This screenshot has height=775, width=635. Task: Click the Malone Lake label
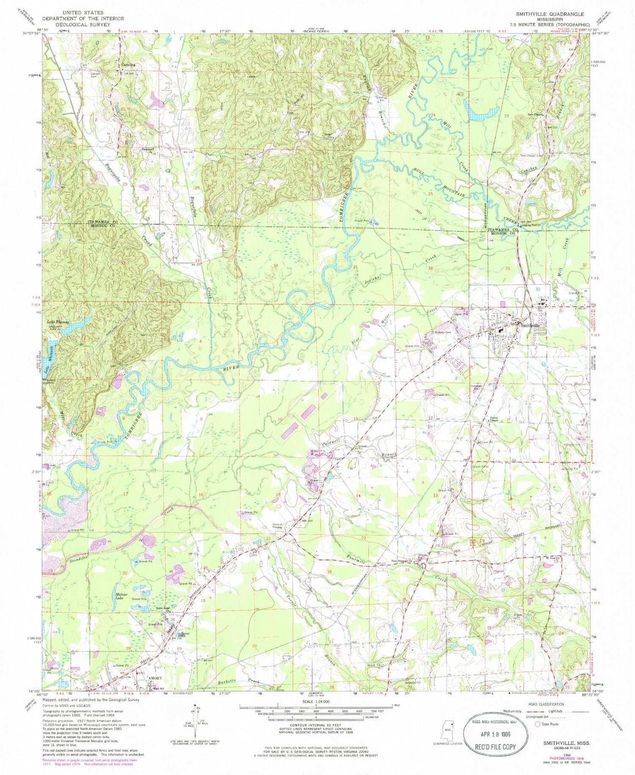[122, 597]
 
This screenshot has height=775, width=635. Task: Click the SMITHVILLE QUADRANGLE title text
[549, 14]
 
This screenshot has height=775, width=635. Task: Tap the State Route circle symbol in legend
[538, 724]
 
